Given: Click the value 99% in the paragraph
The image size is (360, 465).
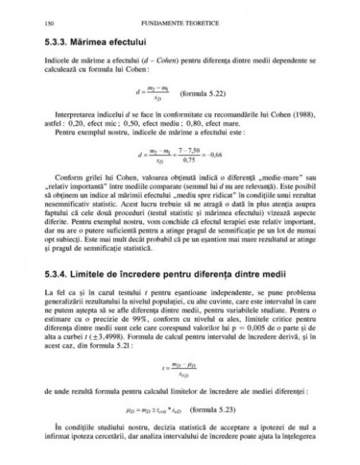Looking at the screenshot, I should (x=144, y=324).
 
